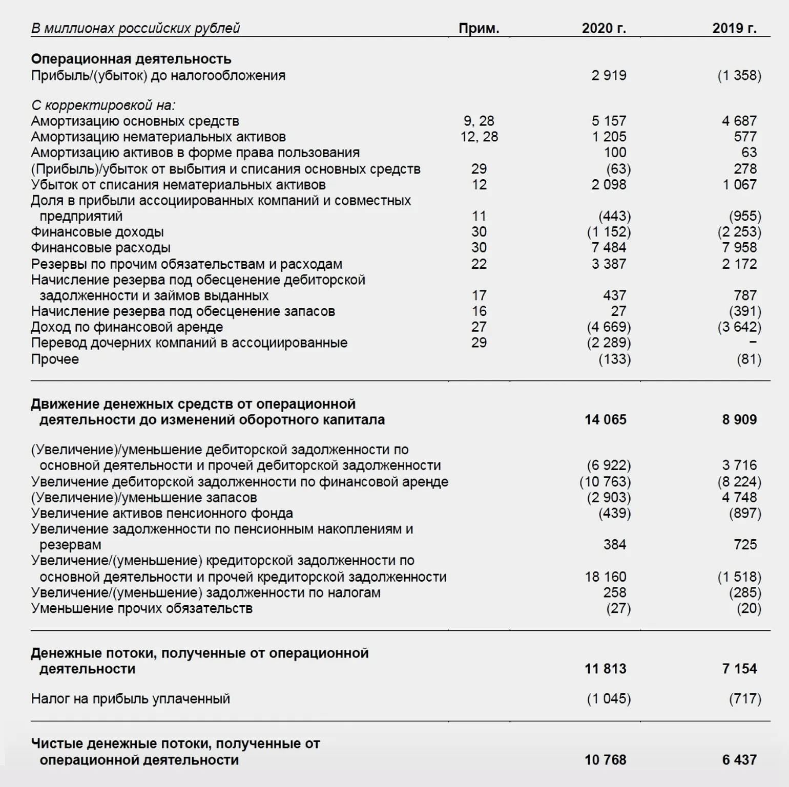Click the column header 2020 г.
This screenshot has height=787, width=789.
[x=604, y=28]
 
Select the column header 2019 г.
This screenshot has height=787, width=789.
[x=734, y=28]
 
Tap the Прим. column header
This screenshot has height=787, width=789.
[x=479, y=28]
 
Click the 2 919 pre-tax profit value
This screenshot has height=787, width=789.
[x=609, y=76]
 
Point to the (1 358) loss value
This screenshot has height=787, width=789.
[x=739, y=76]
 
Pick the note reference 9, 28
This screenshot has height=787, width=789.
[x=479, y=121]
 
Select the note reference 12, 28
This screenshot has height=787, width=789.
[x=479, y=137]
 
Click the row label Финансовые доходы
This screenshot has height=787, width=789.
[x=97, y=232]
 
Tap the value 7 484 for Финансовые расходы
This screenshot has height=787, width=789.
[x=609, y=248]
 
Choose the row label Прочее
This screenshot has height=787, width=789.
[x=55, y=359]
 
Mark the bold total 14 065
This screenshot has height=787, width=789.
[x=605, y=420]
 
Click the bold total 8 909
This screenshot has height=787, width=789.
[x=739, y=420]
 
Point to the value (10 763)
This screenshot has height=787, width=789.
[x=605, y=482]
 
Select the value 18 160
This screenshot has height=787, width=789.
[x=605, y=577]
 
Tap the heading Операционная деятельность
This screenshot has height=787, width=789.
[x=131, y=59]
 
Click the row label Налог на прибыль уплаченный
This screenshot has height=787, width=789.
[x=131, y=699]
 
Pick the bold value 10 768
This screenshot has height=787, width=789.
[x=605, y=760]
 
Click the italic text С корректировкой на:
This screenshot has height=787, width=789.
[x=103, y=105]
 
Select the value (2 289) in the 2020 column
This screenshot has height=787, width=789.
[x=609, y=343]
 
